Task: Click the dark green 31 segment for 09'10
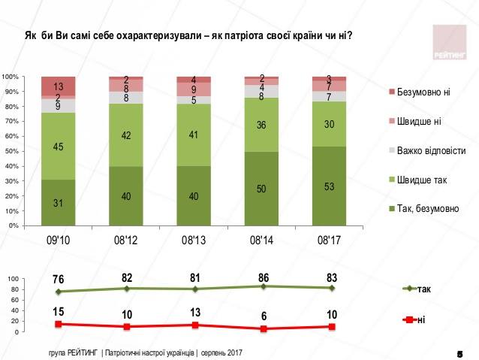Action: [58, 202]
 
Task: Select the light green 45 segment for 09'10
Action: [58, 147]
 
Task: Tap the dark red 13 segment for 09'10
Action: [58, 86]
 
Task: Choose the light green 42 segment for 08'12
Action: [125, 135]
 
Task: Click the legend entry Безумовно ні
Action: [423, 92]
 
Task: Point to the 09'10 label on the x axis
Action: [58, 241]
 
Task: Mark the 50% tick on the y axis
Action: [11, 151]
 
